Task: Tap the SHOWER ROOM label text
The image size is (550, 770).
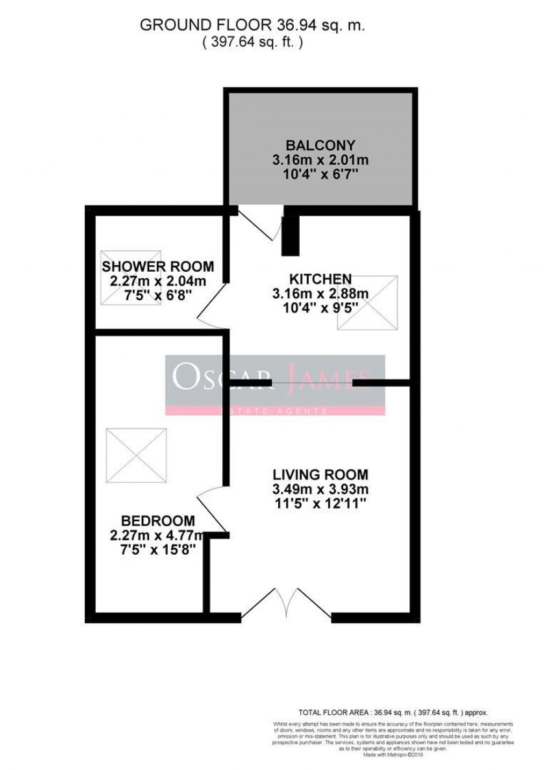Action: pyautogui.click(x=158, y=266)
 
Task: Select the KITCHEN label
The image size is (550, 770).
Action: pyautogui.click(x=320, y=279)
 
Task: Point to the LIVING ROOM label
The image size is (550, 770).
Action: pyautogui.click(x=320, y=475)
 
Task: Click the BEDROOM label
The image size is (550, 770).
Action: pyautogui.click(x=158, y=520)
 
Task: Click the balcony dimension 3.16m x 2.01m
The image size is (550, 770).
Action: pyautogui.click(x=320, y=160)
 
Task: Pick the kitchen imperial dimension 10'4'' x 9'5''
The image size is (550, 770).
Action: pyautogui.click(x=320, y=308)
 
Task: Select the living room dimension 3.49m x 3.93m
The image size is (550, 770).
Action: pyautogui.click(x=320, y=489)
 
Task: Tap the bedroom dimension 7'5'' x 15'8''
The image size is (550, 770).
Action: pyautogui.click(x=158, y=550)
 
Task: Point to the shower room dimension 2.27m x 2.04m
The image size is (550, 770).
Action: pyautogui.click(x=158, y=281)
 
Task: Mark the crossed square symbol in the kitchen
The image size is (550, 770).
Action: pyautogui.click(x=367, y=302)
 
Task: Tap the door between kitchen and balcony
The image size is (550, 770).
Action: pyautogui.click(x=260, y=222)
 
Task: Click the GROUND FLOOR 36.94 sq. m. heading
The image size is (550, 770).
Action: pyautogui.click(x=252, y=25)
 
